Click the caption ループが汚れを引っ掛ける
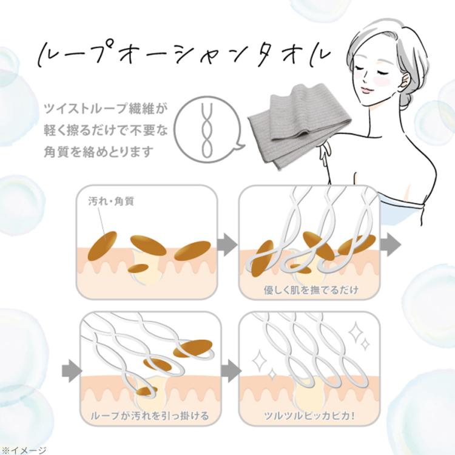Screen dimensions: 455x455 tap(149, 416)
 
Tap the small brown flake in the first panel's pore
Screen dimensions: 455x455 tap(139, 268)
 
